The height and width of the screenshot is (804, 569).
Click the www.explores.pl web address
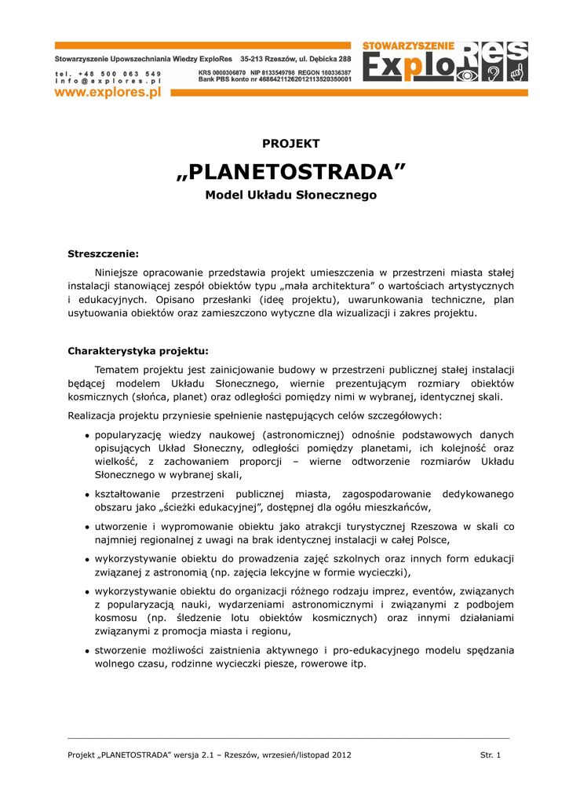[x=108, y=93]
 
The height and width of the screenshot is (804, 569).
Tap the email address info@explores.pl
[x=108, y=80]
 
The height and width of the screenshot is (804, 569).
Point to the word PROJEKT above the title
[x=291, y=144]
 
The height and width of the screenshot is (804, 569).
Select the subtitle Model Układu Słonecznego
[x=291, y=195]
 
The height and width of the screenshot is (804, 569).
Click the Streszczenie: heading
[x=103, y=254]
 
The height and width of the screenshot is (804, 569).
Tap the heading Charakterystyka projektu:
[x=138, y=351]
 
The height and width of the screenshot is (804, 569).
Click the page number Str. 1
[x=490, y=755]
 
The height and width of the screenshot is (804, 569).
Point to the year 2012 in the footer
[x=340, y=755]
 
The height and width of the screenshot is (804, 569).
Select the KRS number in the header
[x=221, y=72]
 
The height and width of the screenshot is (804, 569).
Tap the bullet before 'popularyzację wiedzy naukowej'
[x=86, y=435]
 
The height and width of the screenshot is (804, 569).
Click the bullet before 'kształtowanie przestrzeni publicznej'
[x=86, y=495]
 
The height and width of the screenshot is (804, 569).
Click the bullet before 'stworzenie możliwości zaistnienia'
[x=86, y=651]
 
